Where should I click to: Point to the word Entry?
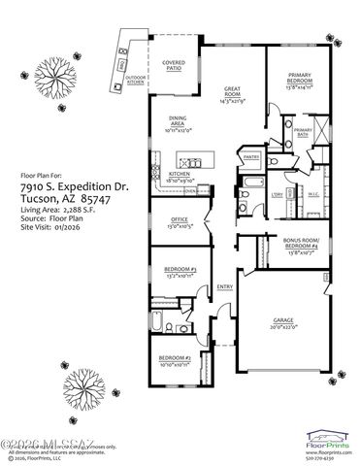click(225, 287)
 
